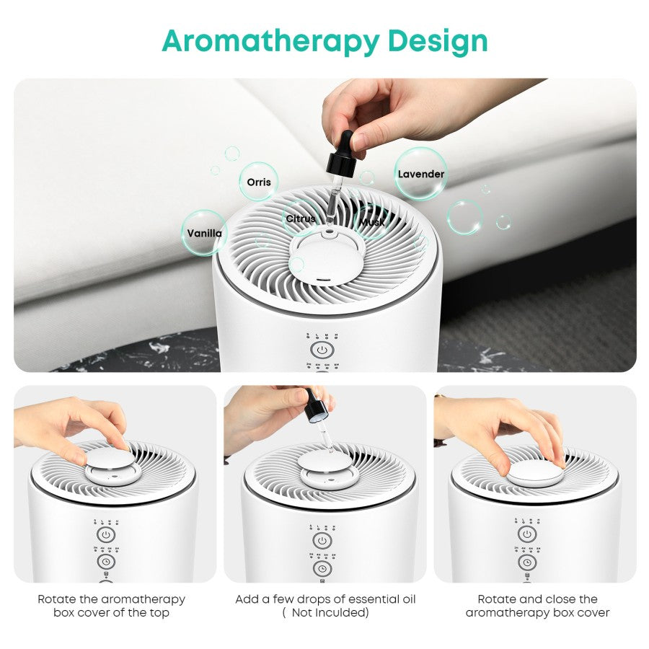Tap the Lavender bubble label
(421, 174)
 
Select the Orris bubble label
(259, 182)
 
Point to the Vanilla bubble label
(205, 233)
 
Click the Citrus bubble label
(300, 218)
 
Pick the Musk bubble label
(372, 222)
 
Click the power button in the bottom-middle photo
(322, 540)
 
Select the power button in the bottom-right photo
(527, 534)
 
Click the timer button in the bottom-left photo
(106, 561)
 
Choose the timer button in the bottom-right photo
(527, 560)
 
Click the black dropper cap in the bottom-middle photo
(316, 410)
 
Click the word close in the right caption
(559, 599)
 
